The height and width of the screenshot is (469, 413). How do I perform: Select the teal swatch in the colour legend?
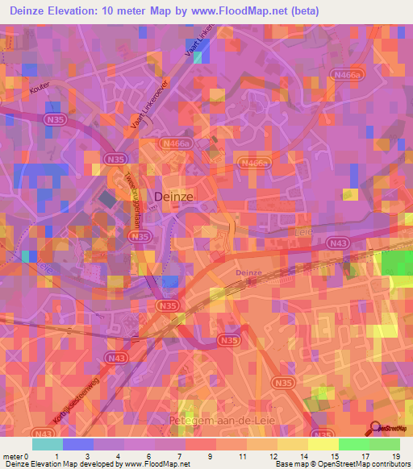coord(47,444)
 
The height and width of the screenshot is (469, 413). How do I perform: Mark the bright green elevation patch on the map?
coord(395,263)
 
